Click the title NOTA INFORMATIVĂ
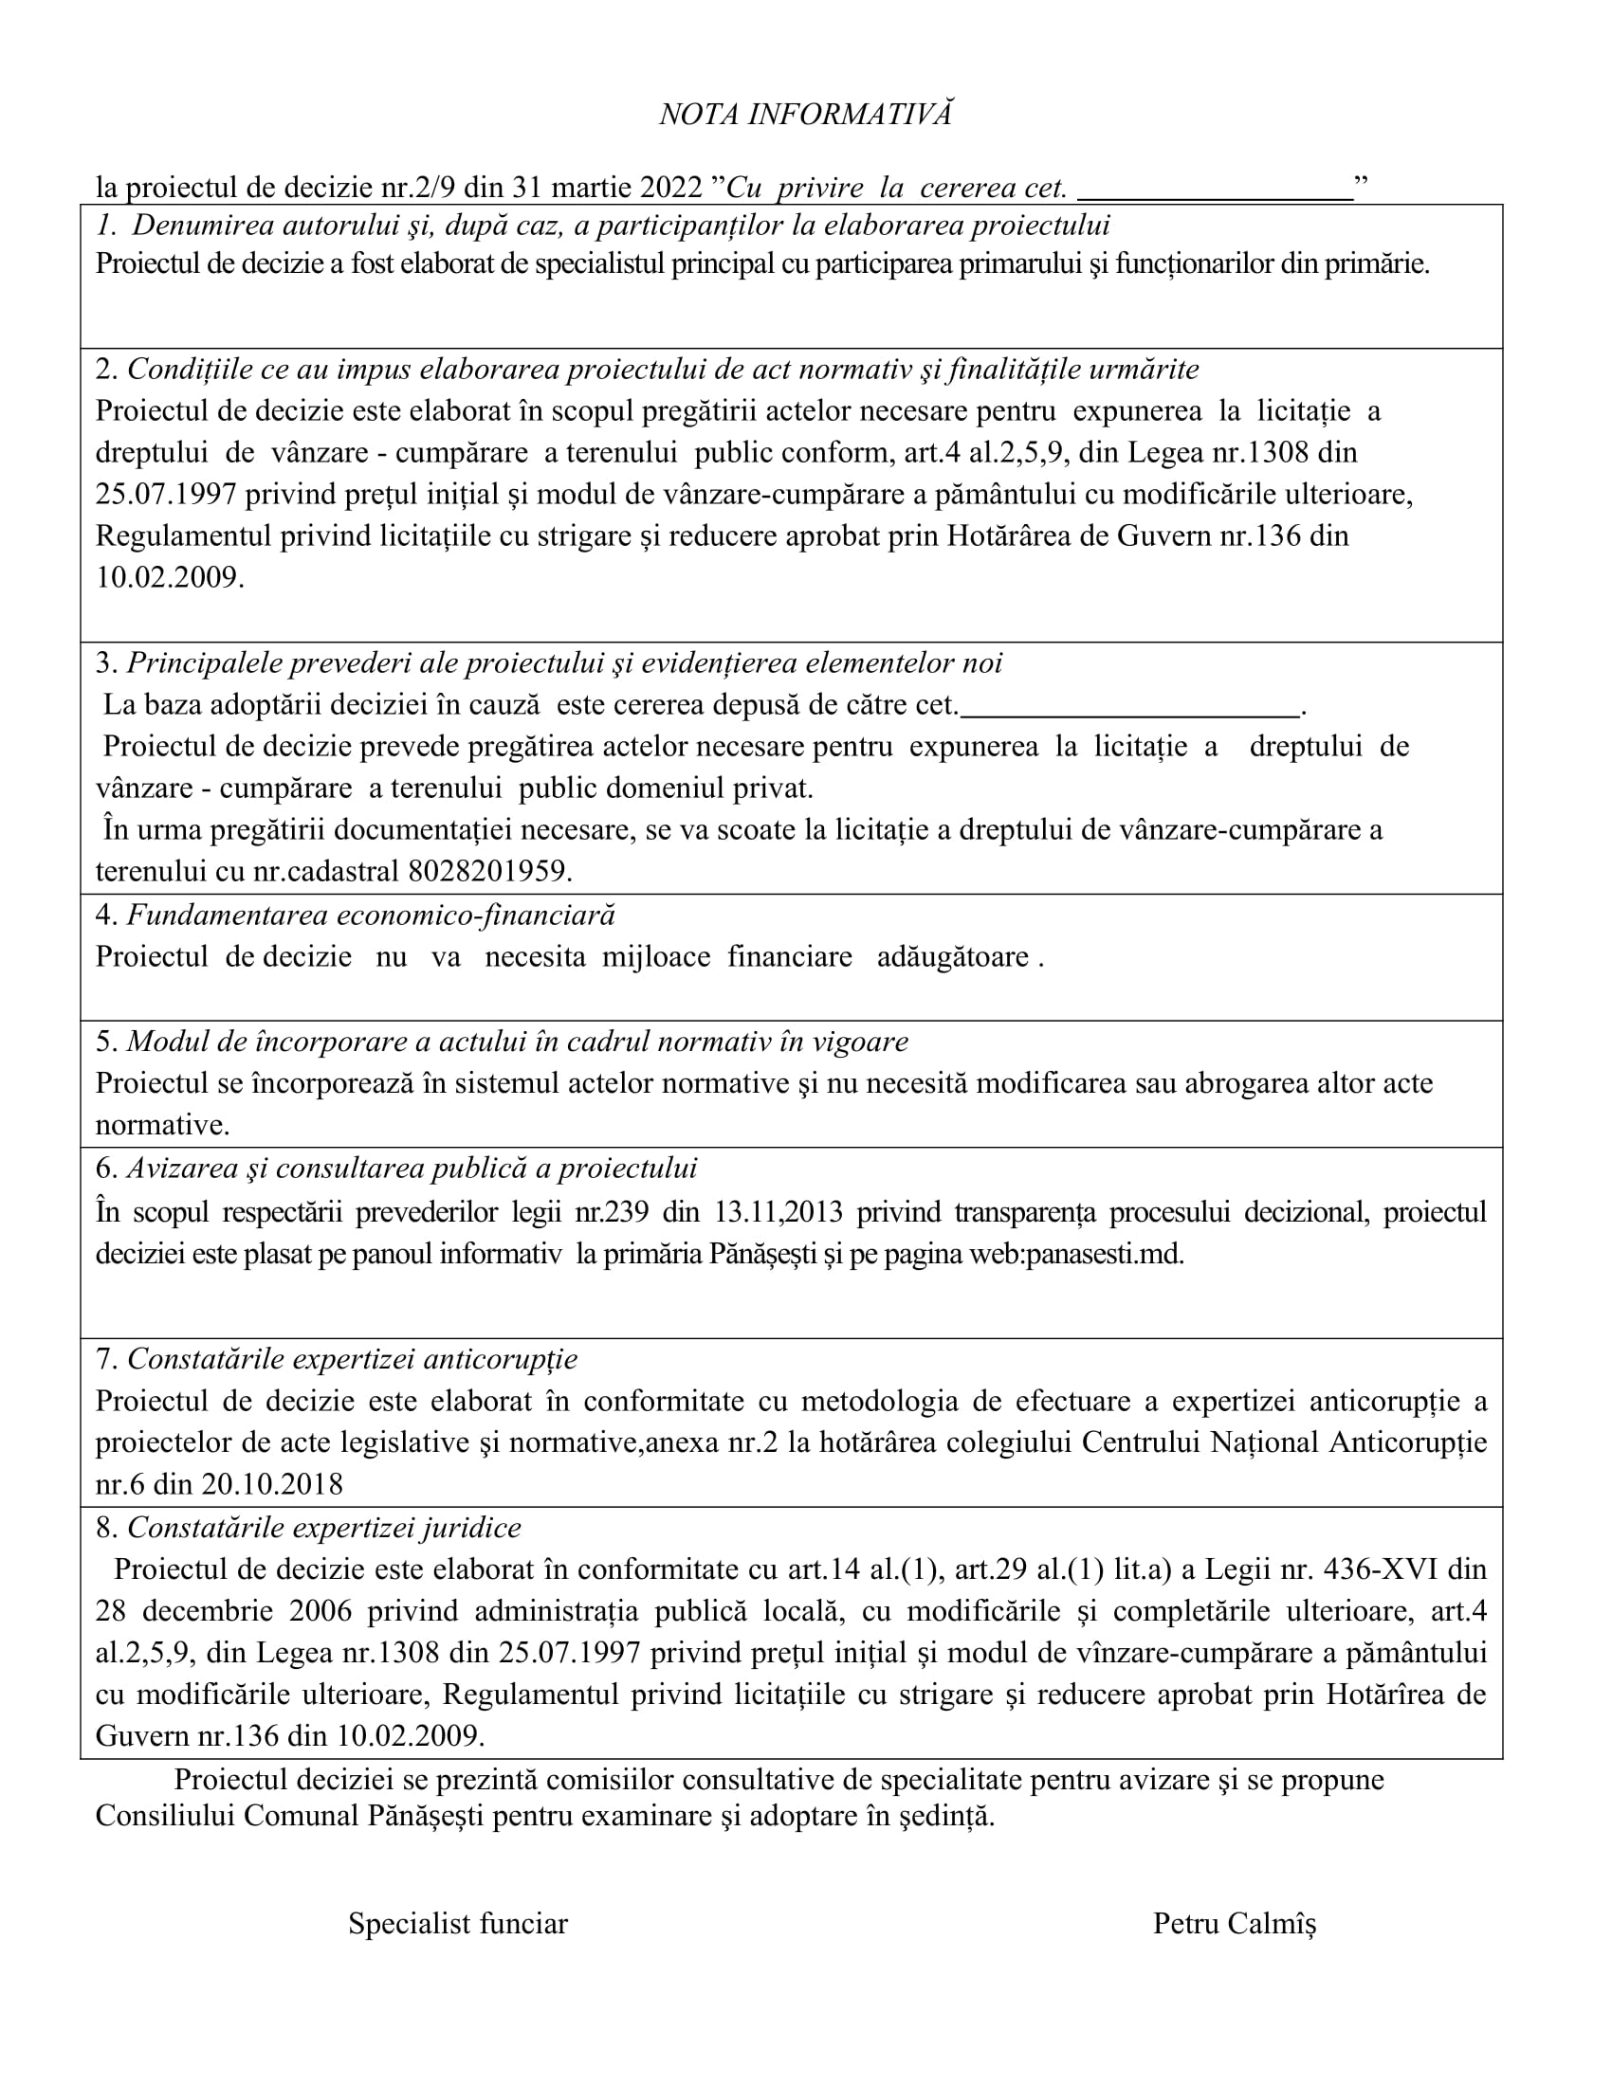point(805,115)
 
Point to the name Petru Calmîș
point(1234,1923)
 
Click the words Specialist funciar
point(457,1923)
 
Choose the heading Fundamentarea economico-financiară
point(371,915)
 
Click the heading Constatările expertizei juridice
point(323,1528)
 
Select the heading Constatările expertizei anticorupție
point(352,1358)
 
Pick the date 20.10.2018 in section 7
point(271,1483)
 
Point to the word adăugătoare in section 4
point(952,956)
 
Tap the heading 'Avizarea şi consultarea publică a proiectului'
point(412,1169)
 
